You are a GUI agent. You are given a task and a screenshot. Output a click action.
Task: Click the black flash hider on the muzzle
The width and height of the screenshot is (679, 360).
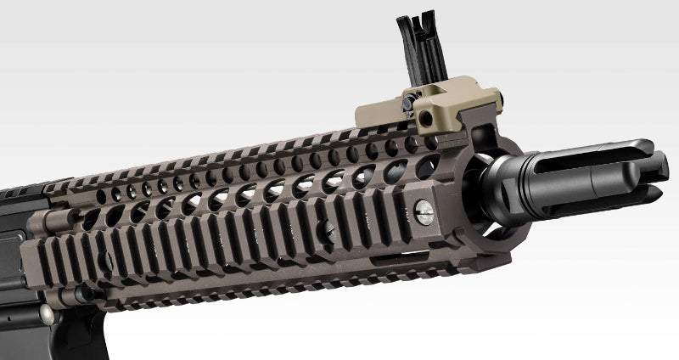[586, 175]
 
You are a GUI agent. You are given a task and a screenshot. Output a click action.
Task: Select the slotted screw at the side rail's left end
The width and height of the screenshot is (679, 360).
[106, 262]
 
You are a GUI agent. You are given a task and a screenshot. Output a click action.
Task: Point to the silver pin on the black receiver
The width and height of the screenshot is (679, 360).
[46, 315]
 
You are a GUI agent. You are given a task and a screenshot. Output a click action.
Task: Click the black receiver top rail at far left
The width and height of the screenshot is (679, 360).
[21, 190]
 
